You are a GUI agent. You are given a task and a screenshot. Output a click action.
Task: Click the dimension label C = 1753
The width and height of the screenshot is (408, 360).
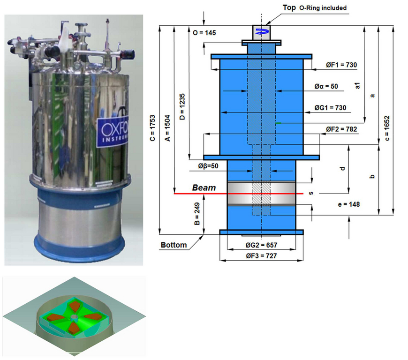[x=153, y=128]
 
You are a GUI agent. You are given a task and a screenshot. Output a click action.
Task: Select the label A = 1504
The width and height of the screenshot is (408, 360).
[x=167, y=128]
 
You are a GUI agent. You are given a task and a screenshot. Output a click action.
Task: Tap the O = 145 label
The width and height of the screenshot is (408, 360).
[x=204, y=33]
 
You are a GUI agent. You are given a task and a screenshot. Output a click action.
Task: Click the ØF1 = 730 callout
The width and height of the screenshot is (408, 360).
[x=341, y=65]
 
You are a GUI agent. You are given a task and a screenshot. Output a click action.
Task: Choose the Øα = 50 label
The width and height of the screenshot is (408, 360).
[x=326, y=86]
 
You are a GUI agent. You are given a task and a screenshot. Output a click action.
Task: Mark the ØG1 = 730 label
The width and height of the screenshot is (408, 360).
[x=330, y=108]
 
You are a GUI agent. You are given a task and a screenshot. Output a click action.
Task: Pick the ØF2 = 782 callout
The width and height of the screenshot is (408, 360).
[x=341, y=129]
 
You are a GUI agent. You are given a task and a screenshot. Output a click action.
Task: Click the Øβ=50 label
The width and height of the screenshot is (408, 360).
[x=208, y=166]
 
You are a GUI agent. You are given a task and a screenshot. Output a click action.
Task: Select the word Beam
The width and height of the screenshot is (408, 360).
[x=204, y=187]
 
